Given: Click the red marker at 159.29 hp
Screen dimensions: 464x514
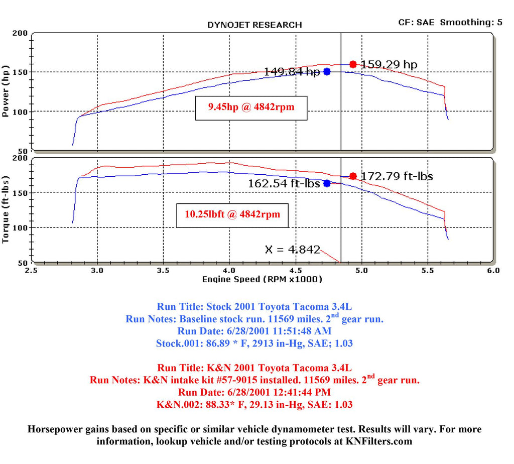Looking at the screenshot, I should tap(353, 64).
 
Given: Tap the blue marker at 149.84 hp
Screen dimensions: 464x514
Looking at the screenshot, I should tap(327, 72).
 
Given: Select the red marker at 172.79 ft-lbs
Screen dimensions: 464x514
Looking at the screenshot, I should tap(353, 176).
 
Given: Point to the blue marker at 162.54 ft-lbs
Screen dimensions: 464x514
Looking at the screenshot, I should tap(327, 183).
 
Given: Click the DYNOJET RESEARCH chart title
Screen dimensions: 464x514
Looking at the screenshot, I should tap(254, 25).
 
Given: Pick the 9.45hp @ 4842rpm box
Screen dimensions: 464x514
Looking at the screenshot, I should tap(250, 107).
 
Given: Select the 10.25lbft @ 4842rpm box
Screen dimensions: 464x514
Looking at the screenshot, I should tap(232, 214).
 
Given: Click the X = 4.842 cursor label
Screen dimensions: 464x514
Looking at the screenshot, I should tap(292, 250).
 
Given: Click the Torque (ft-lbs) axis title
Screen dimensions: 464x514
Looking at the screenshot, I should tap(7, 209).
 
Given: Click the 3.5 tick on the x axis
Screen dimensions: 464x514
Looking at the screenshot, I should tap(163, 271).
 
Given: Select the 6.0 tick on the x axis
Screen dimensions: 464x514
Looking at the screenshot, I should tap(493, 271).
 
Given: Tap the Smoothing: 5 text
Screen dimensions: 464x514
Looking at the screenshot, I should tap(471, 22).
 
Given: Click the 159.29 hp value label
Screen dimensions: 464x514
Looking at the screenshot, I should tap(389, 64).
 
